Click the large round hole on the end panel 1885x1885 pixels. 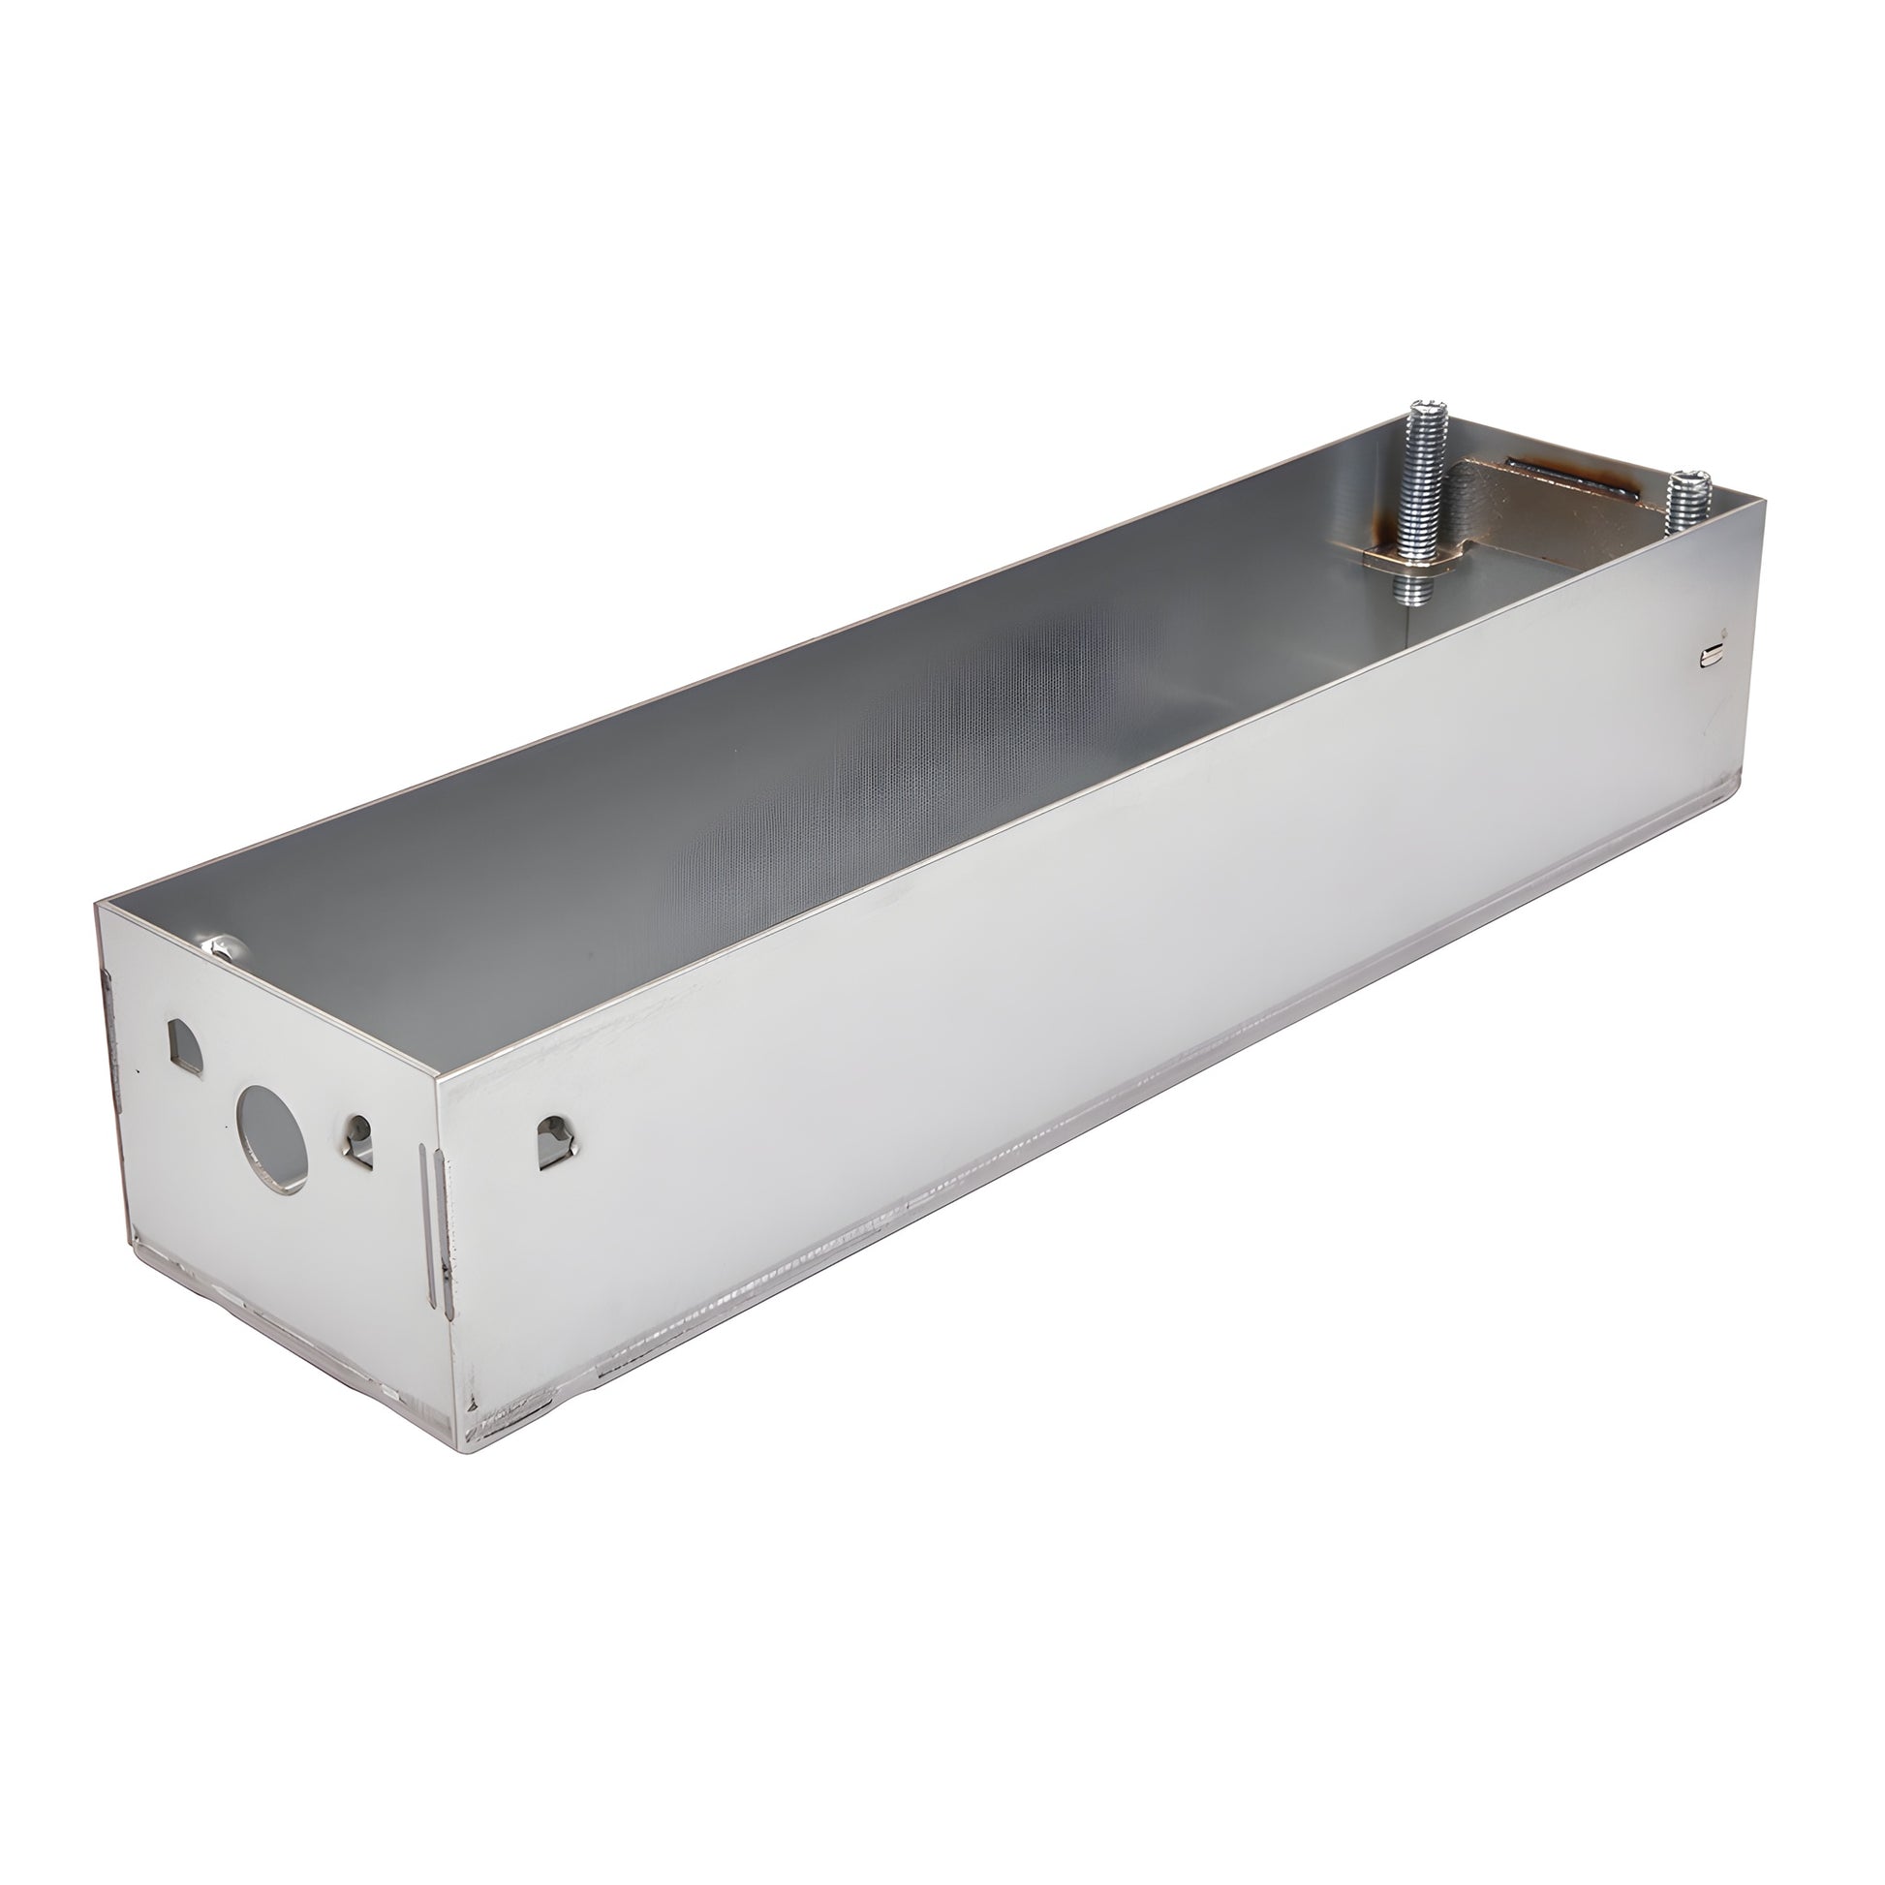tap(272, 1137)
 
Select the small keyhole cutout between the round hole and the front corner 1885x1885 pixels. tap(359, 1140)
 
